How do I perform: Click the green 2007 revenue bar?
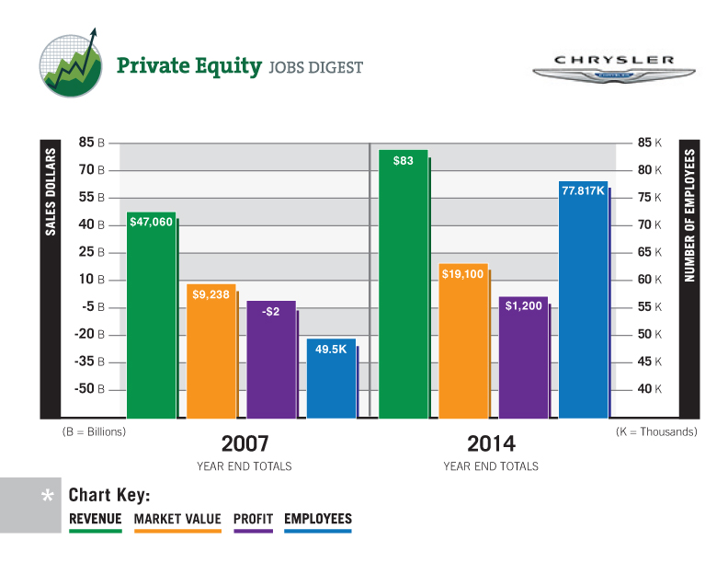(151, 317)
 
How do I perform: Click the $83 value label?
(403, 161)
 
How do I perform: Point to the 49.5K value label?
(331, 350)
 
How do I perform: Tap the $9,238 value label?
(211, 294)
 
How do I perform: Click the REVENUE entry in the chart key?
(96, 520)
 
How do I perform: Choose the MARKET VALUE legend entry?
(177, 520)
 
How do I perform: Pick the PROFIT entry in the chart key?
(253, 520)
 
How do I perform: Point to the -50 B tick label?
(88, 389)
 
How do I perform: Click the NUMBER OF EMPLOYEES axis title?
(688, 216)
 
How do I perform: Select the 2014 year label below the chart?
(491, 442)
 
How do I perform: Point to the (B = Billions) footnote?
(94, 431)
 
